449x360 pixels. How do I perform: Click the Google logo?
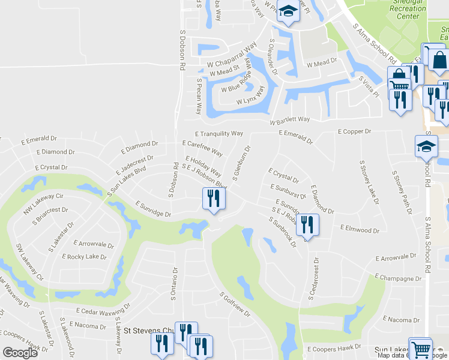click(19, 353)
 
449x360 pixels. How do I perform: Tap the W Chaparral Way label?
click(232, 53)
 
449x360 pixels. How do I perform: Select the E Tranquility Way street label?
click(219, 133)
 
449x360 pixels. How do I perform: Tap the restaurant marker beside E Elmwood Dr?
click(307, 225)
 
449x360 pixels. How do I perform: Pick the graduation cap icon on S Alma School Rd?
click(426, 146)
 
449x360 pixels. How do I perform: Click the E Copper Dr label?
click(355, 131)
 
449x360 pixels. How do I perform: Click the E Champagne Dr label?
click(397, 278)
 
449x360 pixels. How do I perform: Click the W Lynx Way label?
click(250, 96)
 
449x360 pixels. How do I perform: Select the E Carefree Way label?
click(202, 147)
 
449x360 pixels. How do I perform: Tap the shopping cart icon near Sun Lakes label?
click(420, 350)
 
